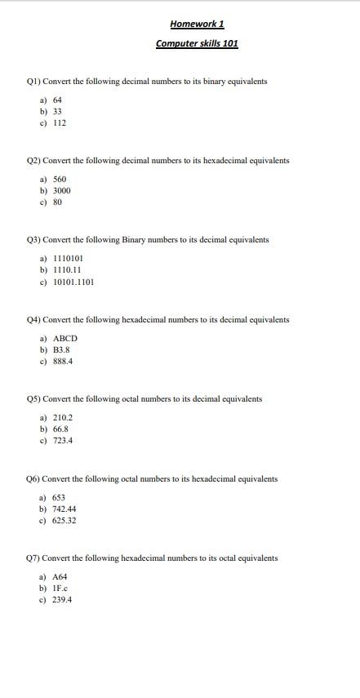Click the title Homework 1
click(197, 24)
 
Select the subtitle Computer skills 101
click(197, 43)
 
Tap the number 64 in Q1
click(58, 99)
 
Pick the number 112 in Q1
click(60, 123)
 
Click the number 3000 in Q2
click(62, 190)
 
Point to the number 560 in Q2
click(60, 178)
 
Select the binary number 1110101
click(68, 258)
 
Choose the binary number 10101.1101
click(73, 282)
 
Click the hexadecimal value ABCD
click(65, 338)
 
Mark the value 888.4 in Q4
click(63, 362)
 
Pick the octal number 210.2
click(63, 417)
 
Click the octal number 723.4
click(63, 441)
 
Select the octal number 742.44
click(64, 509)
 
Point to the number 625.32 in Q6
click(64, 520)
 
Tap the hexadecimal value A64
click(60, 576)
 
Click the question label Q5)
click(33, 399)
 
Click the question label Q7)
click(33, 558)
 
